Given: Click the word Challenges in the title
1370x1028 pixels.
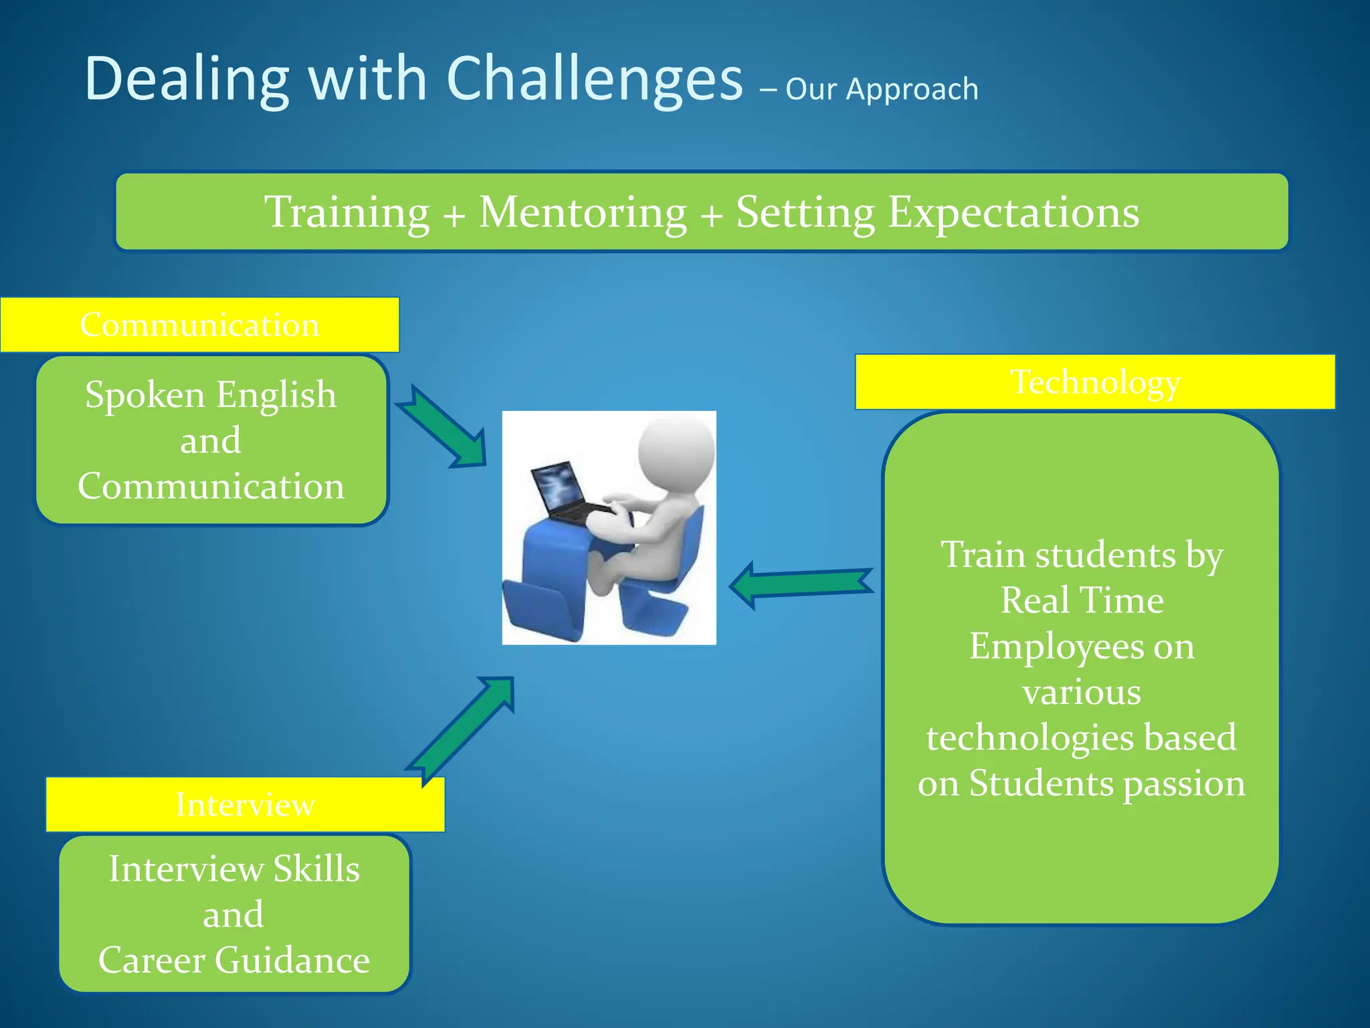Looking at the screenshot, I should click(x=594, y=79).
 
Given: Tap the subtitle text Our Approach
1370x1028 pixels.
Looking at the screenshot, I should click(x=882, y=89).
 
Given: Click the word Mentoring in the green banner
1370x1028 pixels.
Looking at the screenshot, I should click(x=583, y=212).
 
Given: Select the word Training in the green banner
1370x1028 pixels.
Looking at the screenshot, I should click(x=347, y=212).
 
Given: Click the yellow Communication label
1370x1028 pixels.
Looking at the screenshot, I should click(x=199, y=325).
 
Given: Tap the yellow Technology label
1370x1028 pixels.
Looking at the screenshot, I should click(x=1095, y=382).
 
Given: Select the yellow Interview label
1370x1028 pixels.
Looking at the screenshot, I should click(x=245, y=804).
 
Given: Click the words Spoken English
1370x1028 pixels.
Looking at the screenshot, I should click(x=211, y=395).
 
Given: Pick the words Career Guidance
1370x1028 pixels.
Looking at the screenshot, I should click(x=234, y=960).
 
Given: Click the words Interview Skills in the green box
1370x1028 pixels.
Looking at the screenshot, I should click(x=234, y=869).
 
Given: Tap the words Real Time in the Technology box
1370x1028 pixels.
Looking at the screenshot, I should click(x=1082, y=600).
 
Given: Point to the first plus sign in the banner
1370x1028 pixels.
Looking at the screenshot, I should click(x=454, y=216).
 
